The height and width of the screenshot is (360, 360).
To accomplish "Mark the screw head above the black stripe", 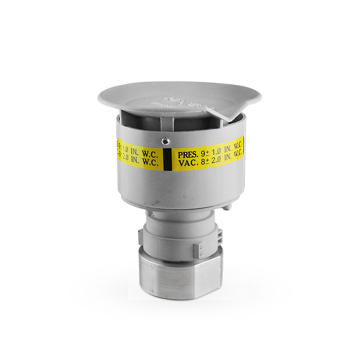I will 167,140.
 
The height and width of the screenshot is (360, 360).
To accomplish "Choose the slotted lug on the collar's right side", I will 220,234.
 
